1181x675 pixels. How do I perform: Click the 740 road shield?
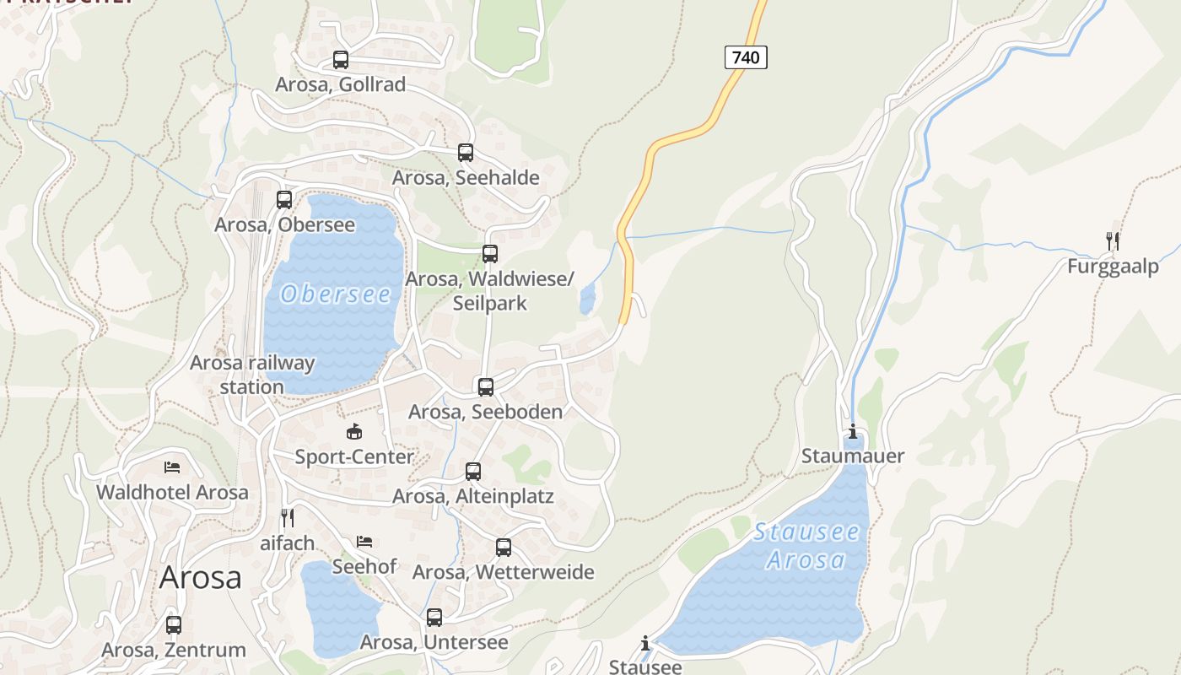[x=746, y=57]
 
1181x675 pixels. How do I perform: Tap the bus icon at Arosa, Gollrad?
[x=341, y=60]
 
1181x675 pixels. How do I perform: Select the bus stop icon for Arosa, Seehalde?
[x=466, y=153]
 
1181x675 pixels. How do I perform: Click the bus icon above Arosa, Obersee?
[x=284, y=200]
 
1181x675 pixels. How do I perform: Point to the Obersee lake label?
[x=336, y=294]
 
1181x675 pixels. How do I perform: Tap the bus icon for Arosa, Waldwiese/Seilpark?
[x=490, y=254]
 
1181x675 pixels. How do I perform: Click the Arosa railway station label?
[x=252, y=375]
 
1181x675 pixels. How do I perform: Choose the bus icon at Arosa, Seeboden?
[x=486, y=387]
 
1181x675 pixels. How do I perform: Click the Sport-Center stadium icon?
[x=354, y=432]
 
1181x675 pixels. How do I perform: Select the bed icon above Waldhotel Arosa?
[x=172, y=467]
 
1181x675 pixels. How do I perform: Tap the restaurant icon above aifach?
[x=288, y=517]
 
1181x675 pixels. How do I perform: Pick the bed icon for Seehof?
[x=364, y=541]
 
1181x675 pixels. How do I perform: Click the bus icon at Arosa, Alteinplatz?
[x=473, y=472]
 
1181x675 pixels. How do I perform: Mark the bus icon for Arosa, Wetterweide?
[x=504, y=548]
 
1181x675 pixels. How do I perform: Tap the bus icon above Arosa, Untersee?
[x=434, y=618]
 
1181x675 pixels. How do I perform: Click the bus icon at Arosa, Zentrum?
[x=174, y=625]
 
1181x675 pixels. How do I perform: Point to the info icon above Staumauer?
[x=853, y=432]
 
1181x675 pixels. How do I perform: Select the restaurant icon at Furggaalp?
[x=1113, y=241]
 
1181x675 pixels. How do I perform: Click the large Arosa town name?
[x=200, y=578]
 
